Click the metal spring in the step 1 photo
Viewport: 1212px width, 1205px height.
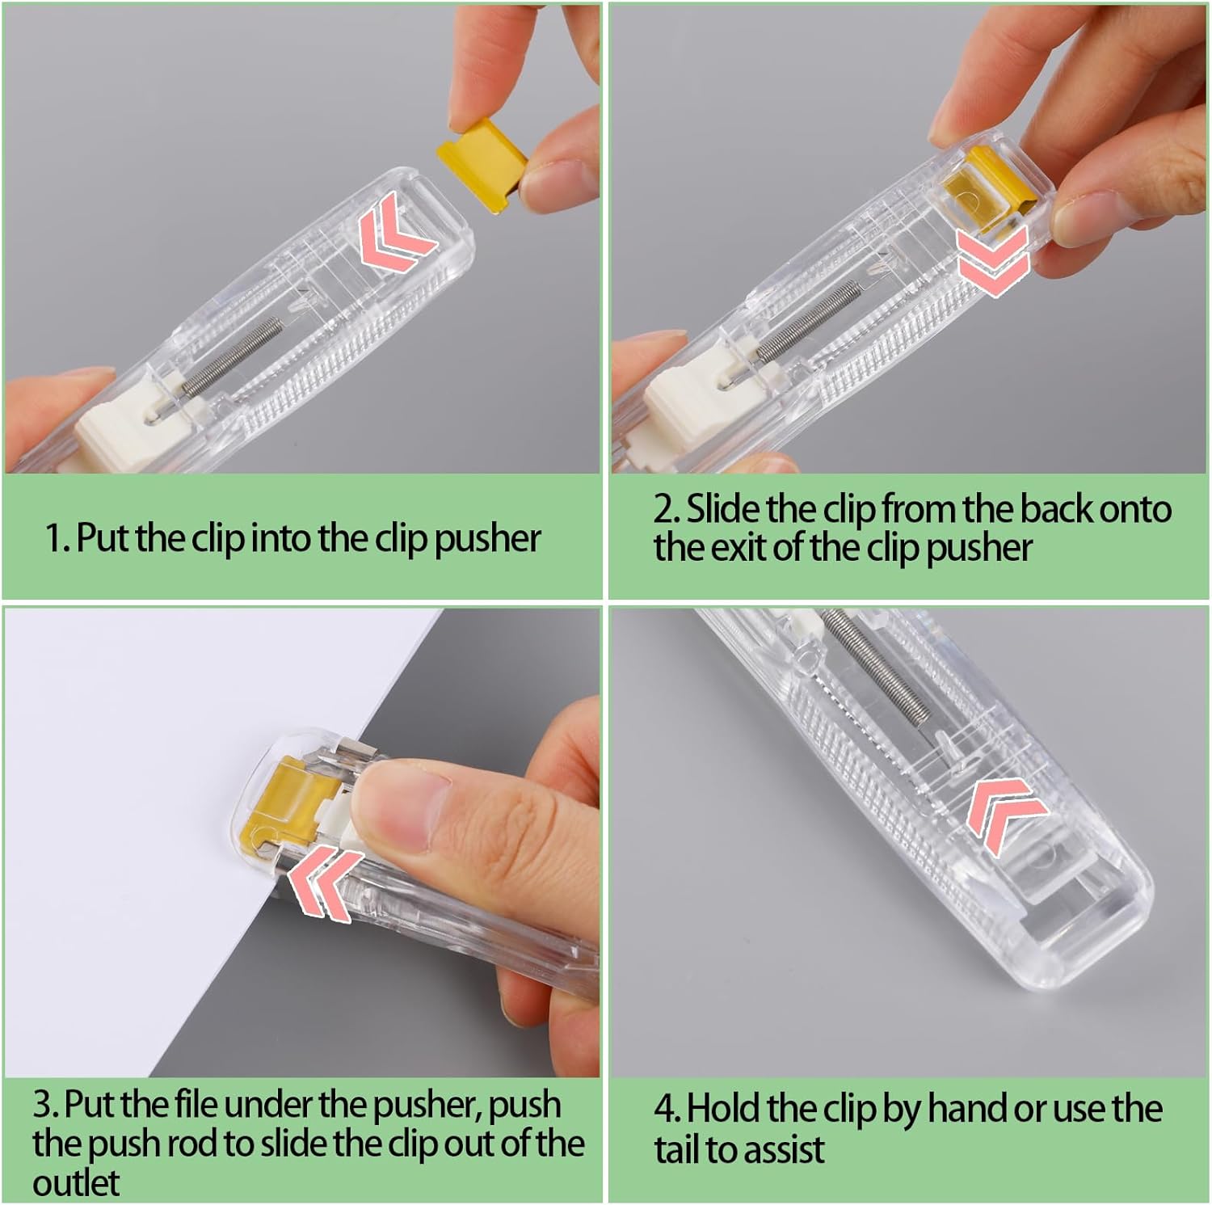tap(232, 356)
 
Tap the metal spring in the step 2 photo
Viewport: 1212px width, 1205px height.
tap(808, 319)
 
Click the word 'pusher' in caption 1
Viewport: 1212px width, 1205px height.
tap(487, 539)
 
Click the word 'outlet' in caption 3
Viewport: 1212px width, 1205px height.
tap(76, 1183)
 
